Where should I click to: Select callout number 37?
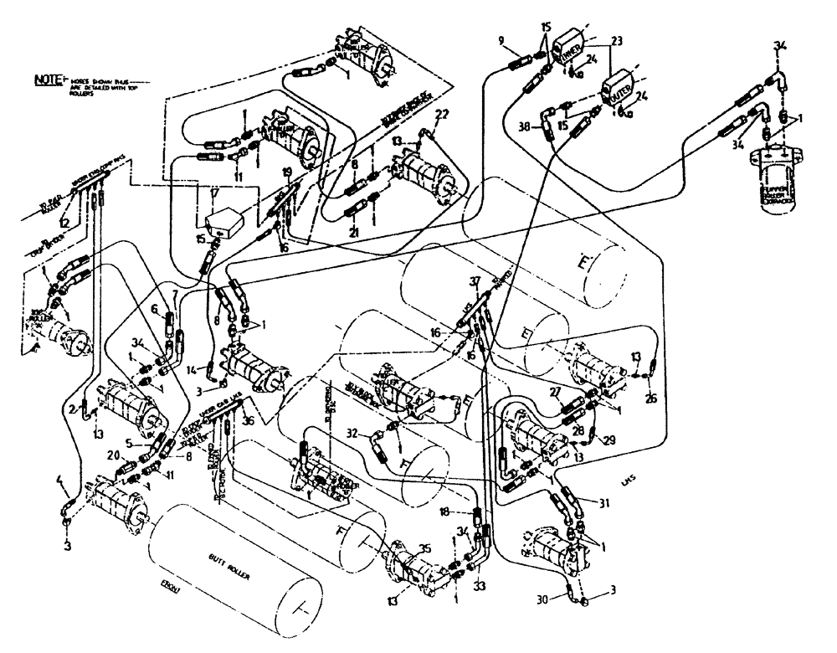(x=475, y=281)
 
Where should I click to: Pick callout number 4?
(x=59, y=481)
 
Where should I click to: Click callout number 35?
(x=426, y=548)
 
